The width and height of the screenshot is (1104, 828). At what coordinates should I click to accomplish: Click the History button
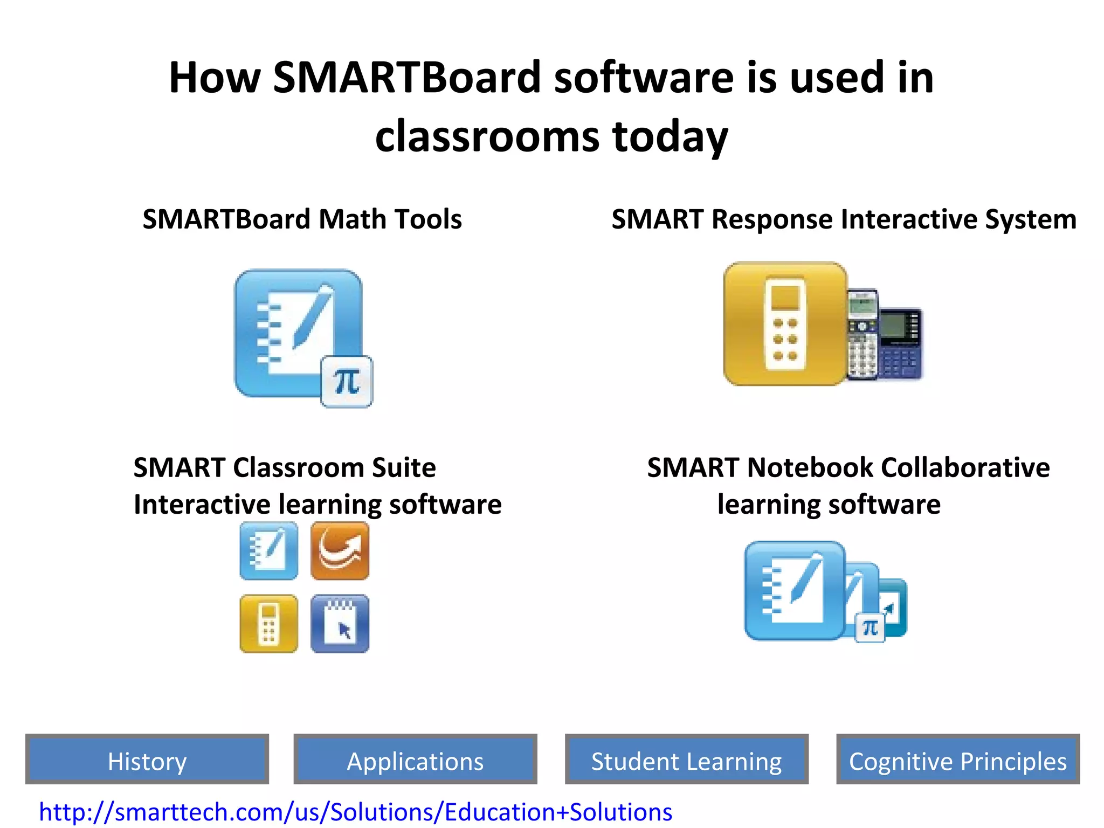tap(147, 761)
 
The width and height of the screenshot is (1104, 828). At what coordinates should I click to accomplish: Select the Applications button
tap(415, 761)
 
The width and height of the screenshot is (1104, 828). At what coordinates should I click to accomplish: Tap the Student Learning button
tap(686, 761)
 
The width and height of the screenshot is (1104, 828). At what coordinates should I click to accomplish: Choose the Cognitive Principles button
tap(958, 761)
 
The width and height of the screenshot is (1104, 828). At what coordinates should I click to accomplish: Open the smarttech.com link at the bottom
tap(356, 812)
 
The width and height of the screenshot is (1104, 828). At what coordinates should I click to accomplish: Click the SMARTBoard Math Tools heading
tap(302, 219)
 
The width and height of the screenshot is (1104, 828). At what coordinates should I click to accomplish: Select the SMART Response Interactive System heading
tap(844, 219)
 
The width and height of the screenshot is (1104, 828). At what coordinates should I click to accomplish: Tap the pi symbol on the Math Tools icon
tap(347, 382)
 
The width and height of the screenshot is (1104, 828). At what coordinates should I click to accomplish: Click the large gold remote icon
tap(785, 323)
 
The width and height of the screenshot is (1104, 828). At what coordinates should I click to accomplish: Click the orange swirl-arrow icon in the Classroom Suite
tap(340, 551)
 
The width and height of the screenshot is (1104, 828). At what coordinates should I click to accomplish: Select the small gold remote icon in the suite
tap(268, 624)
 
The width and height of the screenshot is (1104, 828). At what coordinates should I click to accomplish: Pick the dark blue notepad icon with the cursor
tap(340, 624)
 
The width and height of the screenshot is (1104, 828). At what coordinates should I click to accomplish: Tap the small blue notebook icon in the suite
tap(268, 551)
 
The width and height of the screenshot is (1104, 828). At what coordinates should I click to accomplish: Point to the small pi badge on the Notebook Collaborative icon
tap(870, 628)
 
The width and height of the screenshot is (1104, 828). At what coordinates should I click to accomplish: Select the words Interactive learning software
tap(318, 505)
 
